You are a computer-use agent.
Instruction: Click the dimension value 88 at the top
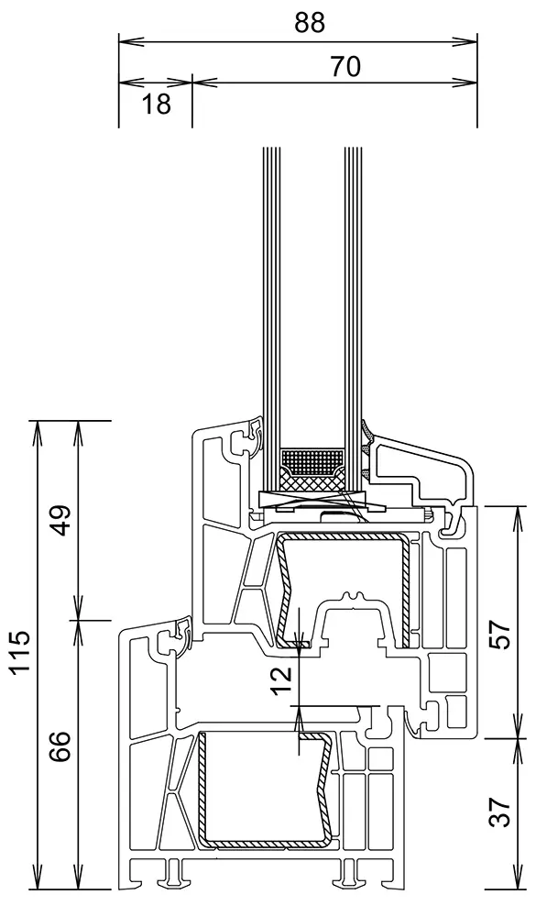coord(309,23)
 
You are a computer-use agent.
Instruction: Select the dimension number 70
coord(345,67)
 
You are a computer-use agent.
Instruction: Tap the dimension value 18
coord(156,105)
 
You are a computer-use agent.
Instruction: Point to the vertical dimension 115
coord(20,651)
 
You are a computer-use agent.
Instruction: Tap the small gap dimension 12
coord(281,679)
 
